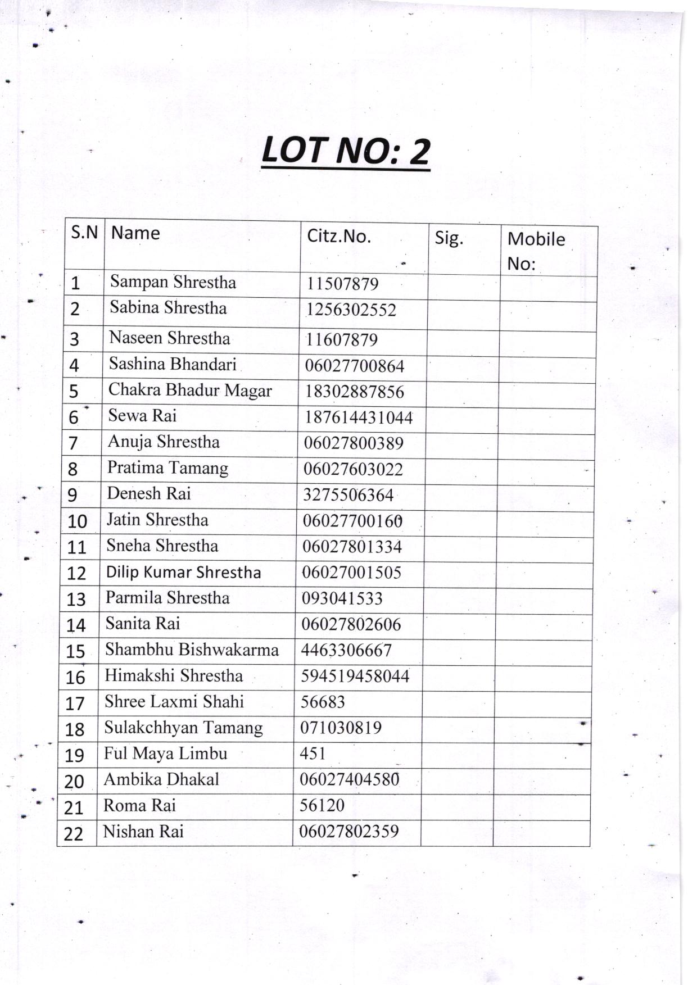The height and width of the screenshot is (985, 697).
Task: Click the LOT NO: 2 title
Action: coord(346,151)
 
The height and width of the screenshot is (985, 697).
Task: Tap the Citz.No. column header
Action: coord(338,236)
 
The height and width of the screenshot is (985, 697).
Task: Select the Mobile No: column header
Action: coord(536,251)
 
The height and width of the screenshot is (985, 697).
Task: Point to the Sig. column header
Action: coord(449,238)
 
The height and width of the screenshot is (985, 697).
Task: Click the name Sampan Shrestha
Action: coord(173,282)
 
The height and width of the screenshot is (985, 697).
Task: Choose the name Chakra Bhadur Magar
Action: coord(190,390)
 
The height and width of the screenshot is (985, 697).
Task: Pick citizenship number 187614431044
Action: coord(359,417)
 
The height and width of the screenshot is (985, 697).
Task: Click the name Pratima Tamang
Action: coord(168,467)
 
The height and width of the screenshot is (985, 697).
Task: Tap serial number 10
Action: coord(77,521)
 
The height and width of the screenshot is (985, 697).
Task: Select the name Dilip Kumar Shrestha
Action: coord(183,572)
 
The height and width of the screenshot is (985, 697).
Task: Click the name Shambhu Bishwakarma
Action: coord(192,650)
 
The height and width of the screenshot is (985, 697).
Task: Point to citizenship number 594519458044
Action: coord(355,676)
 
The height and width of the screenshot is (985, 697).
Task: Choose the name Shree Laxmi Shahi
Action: coord(174,701)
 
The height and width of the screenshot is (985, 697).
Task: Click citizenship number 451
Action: coord(313,753)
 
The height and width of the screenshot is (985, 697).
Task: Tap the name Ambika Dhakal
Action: coord(161,779)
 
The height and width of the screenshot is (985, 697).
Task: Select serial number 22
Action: coord(73,834)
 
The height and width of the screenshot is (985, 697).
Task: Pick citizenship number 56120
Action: coord(322,805)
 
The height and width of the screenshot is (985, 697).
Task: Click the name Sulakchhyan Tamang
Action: coord(183,728)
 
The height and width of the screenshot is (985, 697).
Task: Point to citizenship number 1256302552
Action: coord(351,310)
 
